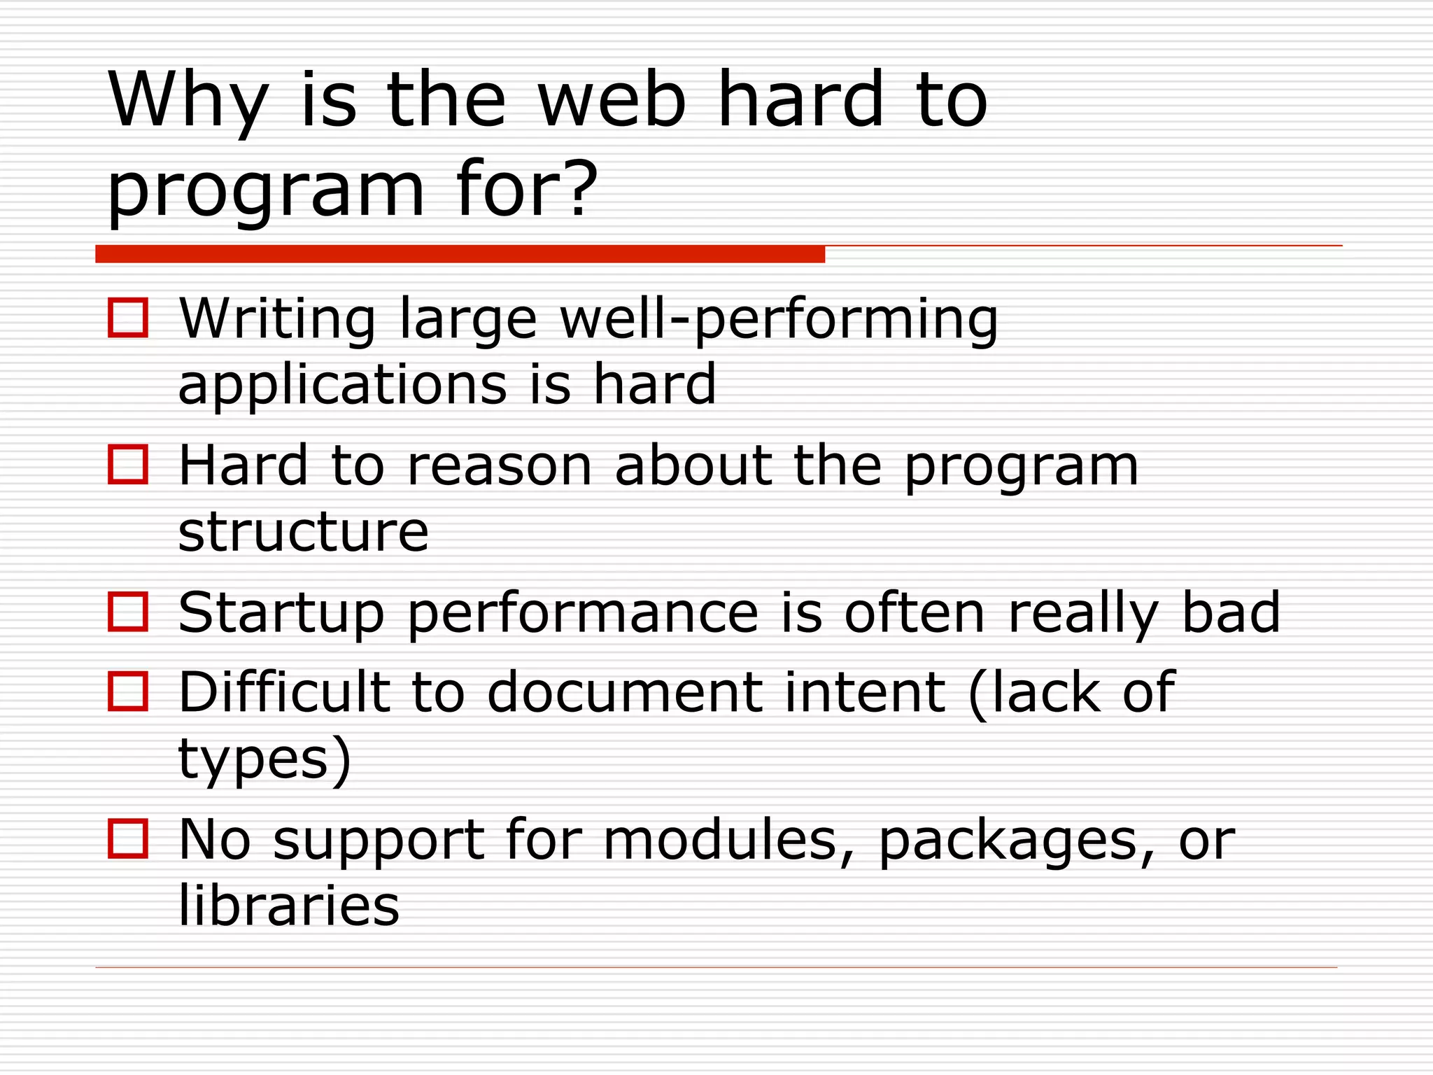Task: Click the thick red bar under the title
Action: (x=460, y=254)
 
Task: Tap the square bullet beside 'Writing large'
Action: (x=128, y=318)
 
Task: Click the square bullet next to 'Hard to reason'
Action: (x=128, y=465)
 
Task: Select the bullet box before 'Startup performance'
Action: (x=128, y=612)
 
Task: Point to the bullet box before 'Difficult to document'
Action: (x=128, y=691)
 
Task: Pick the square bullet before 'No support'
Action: (x=128, y=838)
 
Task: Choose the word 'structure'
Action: (x=303, y=532)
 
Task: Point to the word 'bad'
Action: (x=1231, y=612)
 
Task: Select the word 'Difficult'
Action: (x=284, y=691)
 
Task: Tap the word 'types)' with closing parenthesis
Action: (x=264, y=760)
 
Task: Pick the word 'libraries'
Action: (x=289, y=906)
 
